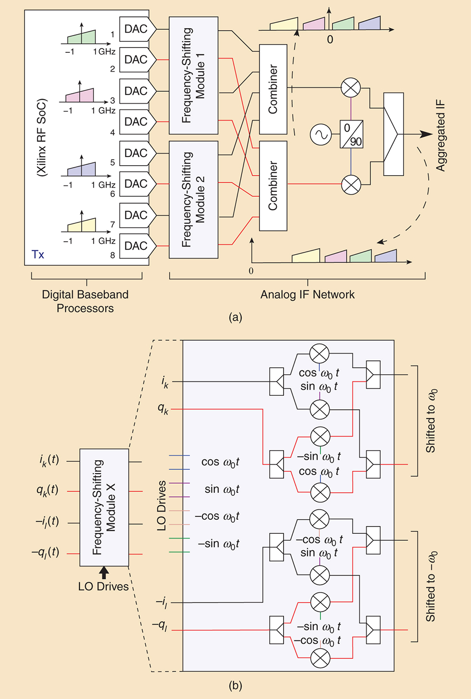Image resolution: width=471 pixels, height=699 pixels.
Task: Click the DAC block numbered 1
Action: pos(136,29)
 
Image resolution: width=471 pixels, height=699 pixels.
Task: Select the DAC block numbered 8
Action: pos(136,246)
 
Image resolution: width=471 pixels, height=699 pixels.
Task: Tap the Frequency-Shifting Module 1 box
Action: pos(193,75)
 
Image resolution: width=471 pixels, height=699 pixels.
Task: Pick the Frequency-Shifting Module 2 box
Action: pos(193,199)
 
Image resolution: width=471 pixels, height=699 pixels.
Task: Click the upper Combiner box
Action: pos(273,89)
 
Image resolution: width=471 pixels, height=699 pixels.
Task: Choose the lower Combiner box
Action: pos(273,186)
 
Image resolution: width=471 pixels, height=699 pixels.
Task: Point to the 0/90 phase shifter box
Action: pos(351,135)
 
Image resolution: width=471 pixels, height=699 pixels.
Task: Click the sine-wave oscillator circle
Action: pos(321,135)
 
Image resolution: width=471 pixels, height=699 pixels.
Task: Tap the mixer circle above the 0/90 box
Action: pos(351,88)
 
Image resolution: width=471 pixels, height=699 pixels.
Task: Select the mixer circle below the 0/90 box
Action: pos(351,184)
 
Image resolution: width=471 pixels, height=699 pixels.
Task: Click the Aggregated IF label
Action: pos(441,136)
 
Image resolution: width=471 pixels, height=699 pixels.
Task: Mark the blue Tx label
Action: pos(38,255)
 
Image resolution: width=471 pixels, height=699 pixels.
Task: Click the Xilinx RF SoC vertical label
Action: pos(42,137)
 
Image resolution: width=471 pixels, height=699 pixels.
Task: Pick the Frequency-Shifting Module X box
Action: pos(104,507)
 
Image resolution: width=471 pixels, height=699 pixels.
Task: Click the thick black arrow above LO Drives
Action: pos(104,572)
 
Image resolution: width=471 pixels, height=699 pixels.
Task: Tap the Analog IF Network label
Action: pos(308,295)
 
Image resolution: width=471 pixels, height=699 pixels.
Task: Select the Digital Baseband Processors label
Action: pos(85,301)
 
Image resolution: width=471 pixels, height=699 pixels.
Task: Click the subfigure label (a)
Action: pos(235,317)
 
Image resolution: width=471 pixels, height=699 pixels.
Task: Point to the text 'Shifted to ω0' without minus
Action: pos(432,421)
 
